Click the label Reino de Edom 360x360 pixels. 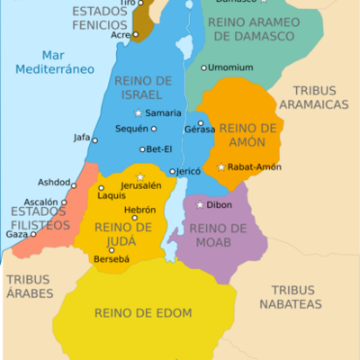pyautogui.click(x=132, y=313)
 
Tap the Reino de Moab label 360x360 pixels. pyautogui.click(x=218, y=235)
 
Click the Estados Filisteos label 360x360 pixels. pyautogui.click(x=39, y=218)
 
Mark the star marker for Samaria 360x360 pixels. pyautogui.click(x=139, y=112)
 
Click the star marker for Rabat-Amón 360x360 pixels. pyautogui.click(x=221, y=166)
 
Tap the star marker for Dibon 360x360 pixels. pyautogui.click(x=200, y=204)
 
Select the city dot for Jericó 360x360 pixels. pyautogui.click(x=171, y=171)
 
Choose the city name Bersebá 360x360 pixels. pyautogui.click(x=112, y=260)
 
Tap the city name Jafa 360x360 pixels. pyautogui.click(x=81, y=138)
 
